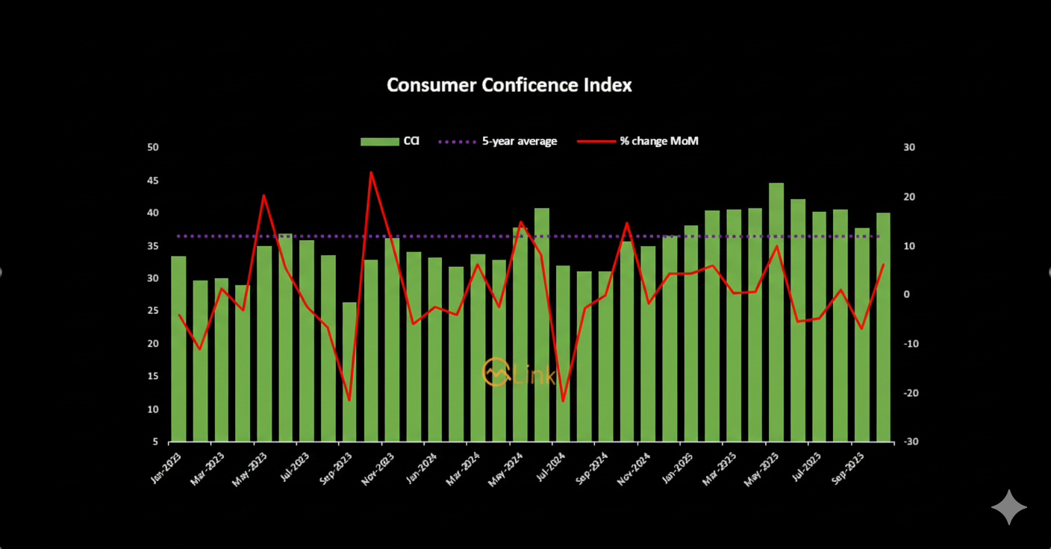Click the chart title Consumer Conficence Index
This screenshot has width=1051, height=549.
(509, 85)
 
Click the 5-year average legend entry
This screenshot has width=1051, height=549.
(497, 141)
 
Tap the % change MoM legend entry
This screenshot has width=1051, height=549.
(639, 141)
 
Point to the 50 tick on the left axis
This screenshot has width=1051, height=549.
(153, 148)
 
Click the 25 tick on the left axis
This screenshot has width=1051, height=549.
(153, 311)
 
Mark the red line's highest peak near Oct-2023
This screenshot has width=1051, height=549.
(371, 172)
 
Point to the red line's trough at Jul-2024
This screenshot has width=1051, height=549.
(563, 401)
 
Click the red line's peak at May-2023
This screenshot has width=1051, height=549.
(264, 195)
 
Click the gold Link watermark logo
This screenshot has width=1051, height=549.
(518, 372)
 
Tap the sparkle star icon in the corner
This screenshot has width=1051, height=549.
(1009, 507)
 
